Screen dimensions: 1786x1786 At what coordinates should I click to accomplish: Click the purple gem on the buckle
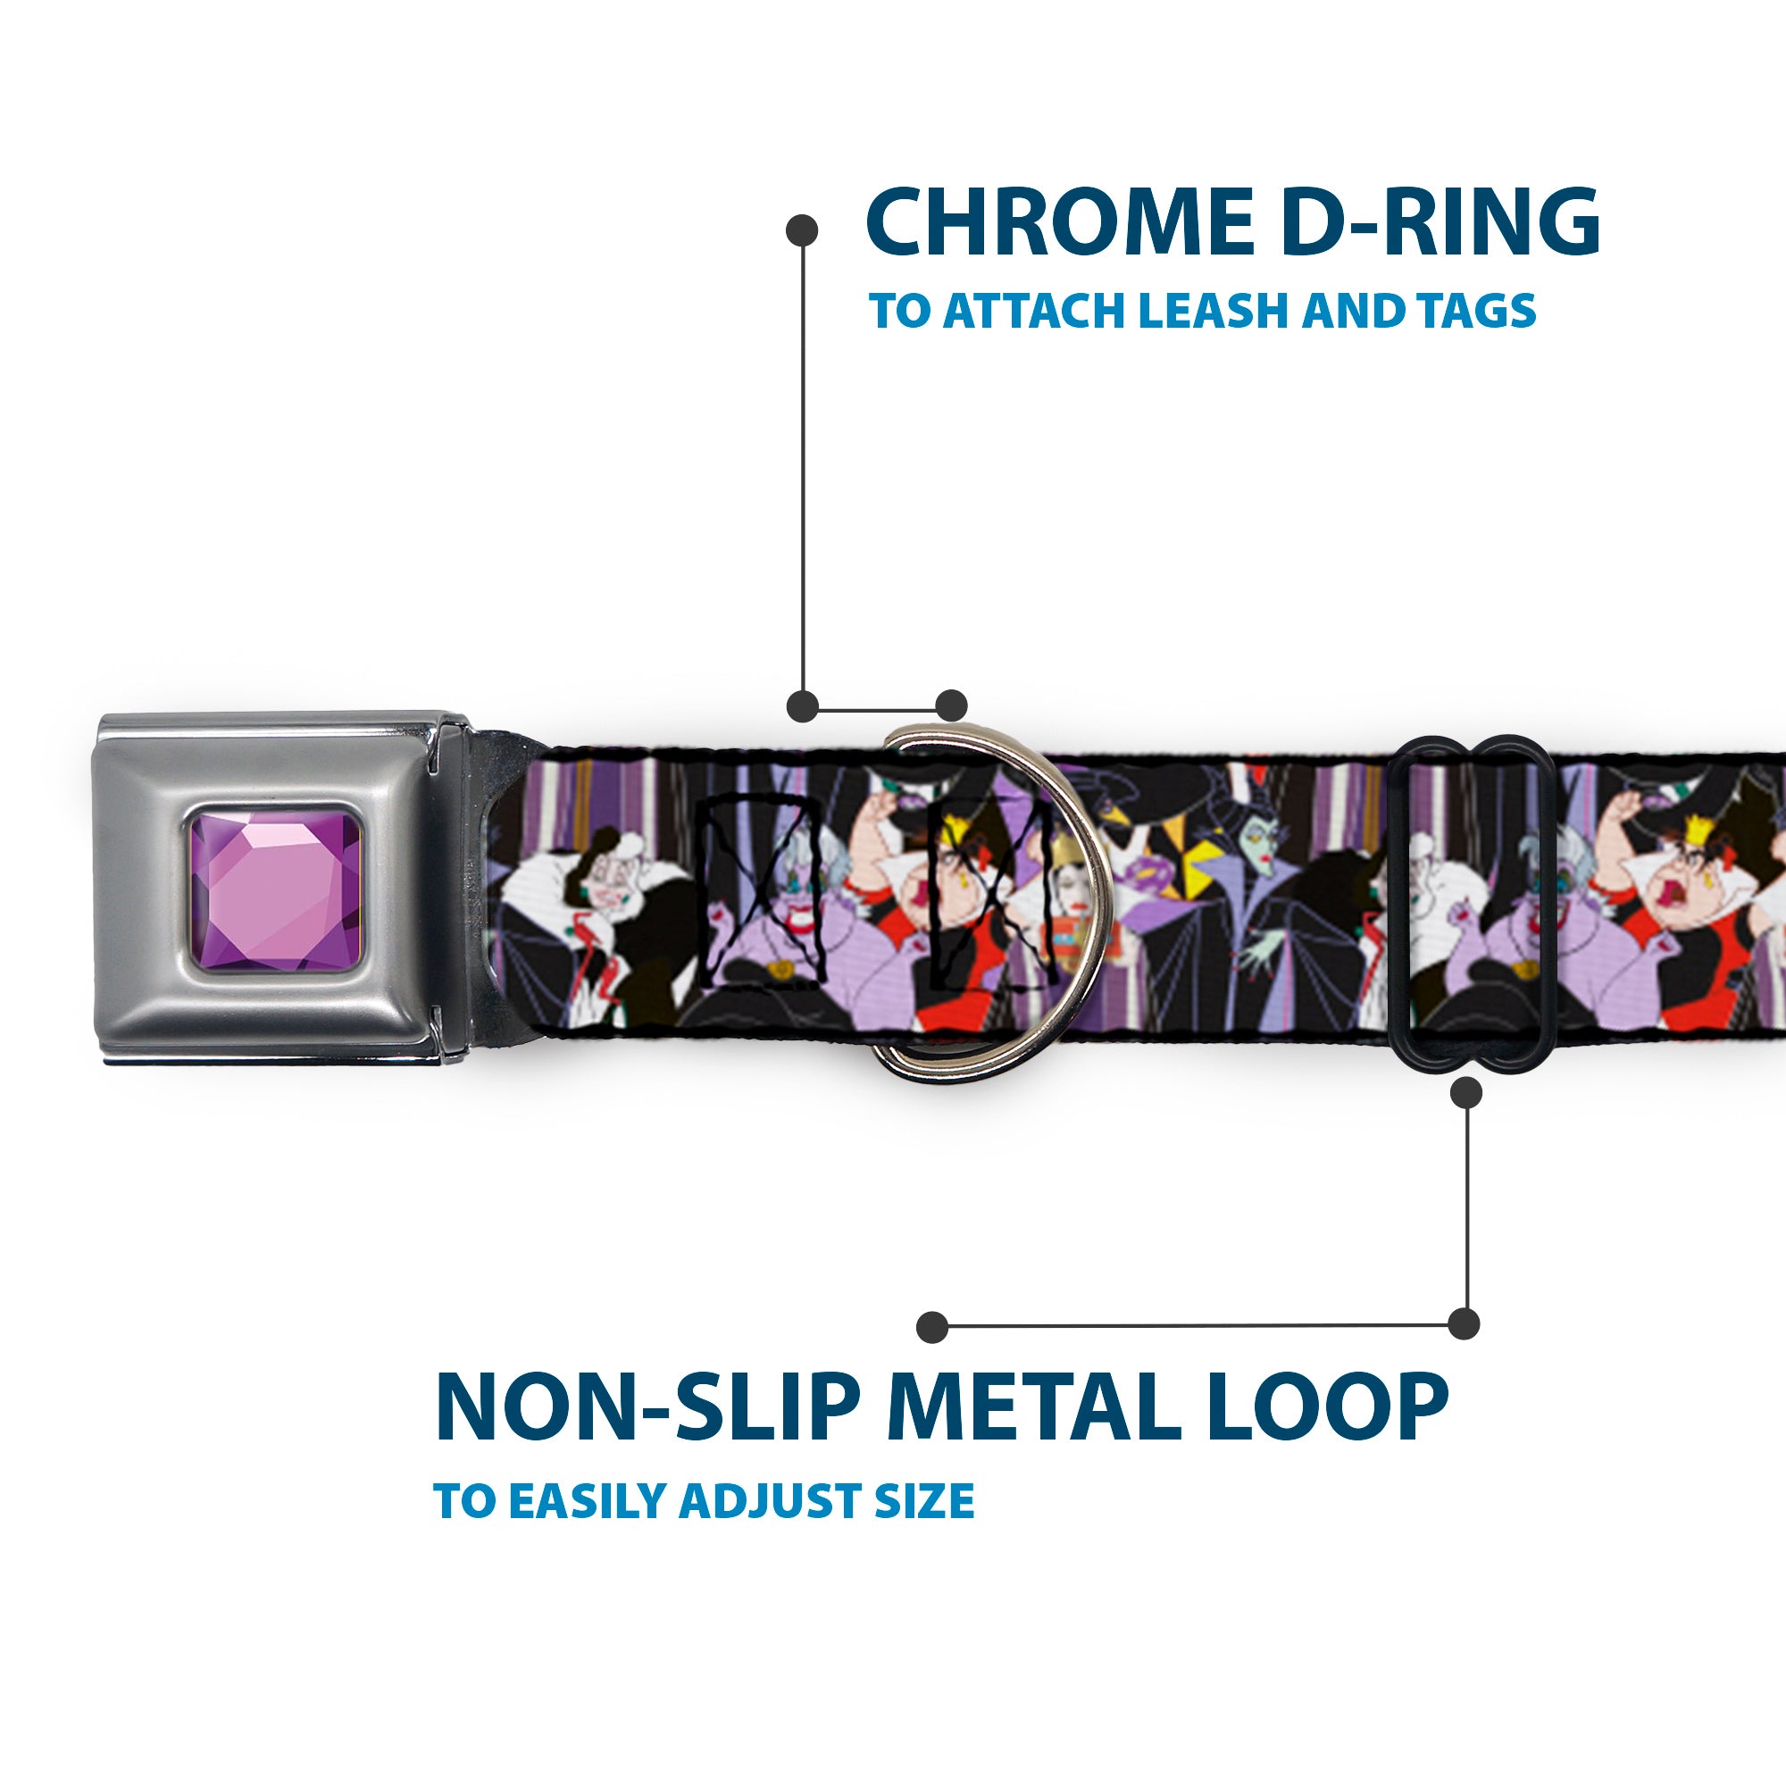point(274,890)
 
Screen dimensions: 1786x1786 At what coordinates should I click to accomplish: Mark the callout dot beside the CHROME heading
point(802,230)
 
